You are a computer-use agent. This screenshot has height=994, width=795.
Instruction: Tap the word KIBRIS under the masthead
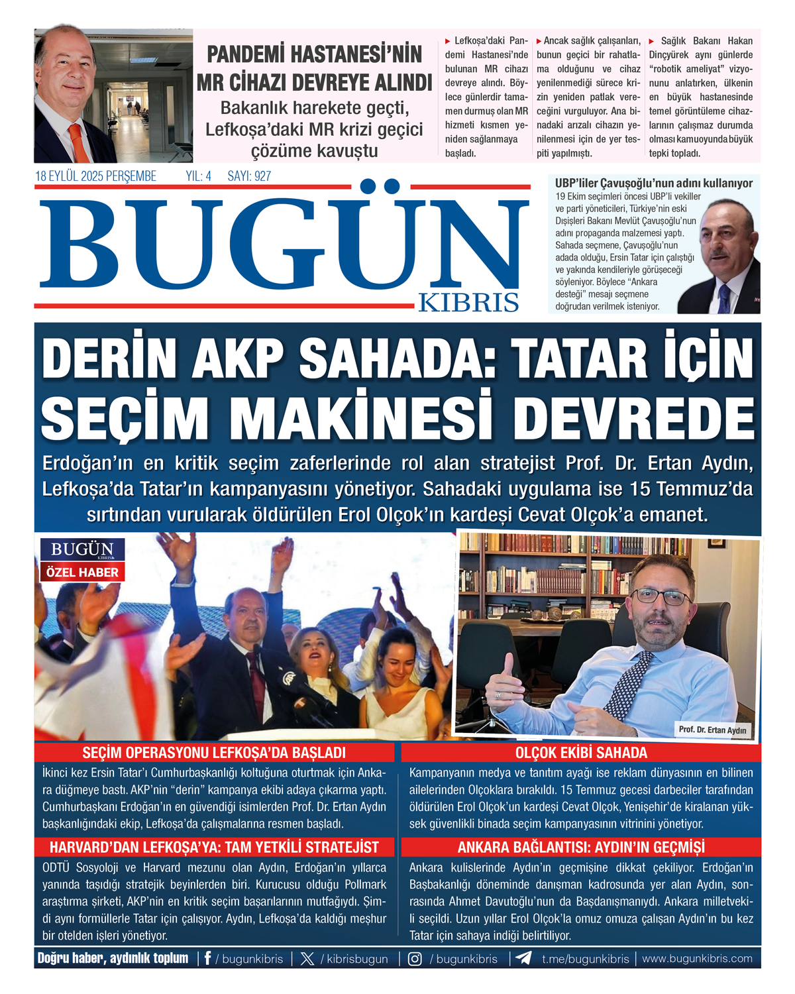coord(468,302)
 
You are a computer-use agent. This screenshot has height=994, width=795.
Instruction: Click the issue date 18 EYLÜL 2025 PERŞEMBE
coord(96,176)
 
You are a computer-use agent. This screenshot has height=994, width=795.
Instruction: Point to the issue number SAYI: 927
coord(249,176)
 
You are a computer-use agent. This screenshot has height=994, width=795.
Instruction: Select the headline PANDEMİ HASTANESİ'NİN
coord(314,54)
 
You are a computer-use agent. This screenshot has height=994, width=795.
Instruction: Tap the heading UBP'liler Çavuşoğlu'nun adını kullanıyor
coord(653,183)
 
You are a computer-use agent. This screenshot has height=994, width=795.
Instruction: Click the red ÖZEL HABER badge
coord(82,572)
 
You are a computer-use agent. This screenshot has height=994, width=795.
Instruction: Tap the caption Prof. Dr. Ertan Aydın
coord(712,730)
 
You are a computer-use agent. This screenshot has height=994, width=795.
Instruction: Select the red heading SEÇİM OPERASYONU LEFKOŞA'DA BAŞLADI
coord(214,753)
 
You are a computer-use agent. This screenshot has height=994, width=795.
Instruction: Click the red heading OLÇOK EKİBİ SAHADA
coord(581,753)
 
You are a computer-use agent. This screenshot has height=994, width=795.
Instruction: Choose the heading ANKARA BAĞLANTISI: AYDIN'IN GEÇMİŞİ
coord(581,848)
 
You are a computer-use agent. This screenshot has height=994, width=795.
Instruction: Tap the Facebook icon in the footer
coord(207,958)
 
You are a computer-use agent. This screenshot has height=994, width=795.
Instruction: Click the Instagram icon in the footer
coord(415,959)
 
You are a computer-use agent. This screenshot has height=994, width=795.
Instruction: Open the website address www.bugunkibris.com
coord(697,958)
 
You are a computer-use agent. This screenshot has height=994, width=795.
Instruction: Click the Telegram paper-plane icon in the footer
coord(523,958)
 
